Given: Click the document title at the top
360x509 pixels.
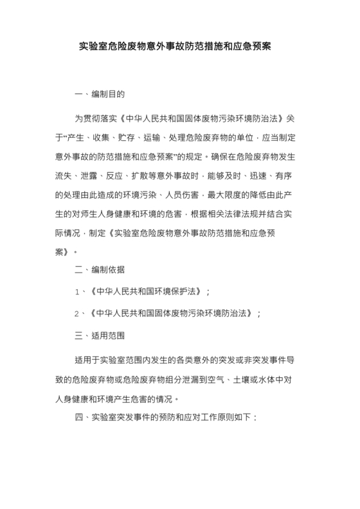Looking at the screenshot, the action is click(x=180, y=47).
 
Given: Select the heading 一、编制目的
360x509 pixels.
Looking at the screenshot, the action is click(x=100, y=94).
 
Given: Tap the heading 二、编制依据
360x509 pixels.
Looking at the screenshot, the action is click(x=100, y=269).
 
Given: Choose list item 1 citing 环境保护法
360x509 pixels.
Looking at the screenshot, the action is click(x=142, y=291).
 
